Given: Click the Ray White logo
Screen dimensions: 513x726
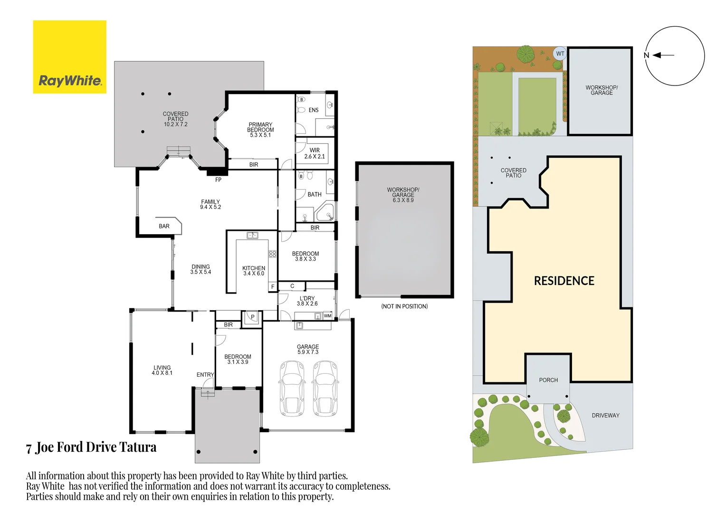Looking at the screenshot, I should (69, 57).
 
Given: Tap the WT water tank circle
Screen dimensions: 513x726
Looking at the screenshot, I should (560, 54).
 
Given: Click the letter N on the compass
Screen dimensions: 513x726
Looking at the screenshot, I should (646, 56).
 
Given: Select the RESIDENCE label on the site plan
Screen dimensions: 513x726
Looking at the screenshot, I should (564, 281).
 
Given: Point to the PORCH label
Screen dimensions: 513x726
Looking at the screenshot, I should (548, 380).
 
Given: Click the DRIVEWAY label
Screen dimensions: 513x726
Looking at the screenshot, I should (605, 416).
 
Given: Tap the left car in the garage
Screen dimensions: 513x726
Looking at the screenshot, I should (292, 388).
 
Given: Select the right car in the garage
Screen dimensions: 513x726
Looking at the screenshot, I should (325, 388).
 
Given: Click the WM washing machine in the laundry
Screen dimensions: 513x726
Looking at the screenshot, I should (327, 316).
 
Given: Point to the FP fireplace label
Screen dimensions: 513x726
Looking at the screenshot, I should (218, 180).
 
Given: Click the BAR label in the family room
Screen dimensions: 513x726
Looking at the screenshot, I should (164, 227).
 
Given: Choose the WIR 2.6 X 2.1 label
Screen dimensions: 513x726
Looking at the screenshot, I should (315, 153).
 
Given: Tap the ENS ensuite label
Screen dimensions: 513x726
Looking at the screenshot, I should (314, 110).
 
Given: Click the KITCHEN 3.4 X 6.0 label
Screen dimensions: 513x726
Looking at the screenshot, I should (254, 271).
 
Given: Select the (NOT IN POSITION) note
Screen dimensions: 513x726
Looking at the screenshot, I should (404, 306).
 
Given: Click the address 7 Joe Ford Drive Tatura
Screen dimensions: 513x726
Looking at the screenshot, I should (91, 447).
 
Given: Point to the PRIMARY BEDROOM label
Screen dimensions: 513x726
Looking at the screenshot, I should (260, 130).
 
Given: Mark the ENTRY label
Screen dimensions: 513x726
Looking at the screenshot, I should (205, 375).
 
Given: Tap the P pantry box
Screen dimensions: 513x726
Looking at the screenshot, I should (252, 317).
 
